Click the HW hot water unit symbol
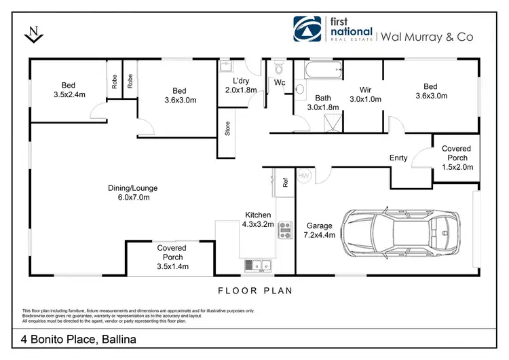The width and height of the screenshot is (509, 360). [x=303, y=175]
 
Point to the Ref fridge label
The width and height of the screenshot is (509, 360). [x=286, y=182]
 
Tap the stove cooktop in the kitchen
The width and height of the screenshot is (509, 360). [x=285, y=231]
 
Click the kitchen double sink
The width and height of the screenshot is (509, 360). [x=257, y=265]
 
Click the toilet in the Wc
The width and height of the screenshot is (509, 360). [x=278, y=71]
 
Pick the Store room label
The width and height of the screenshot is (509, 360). [x=228, y=129]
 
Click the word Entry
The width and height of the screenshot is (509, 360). [x=398, y=158]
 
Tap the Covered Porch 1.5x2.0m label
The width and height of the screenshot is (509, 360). [x=456, y=158]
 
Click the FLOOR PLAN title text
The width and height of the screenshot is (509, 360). [x=254, y=291]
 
